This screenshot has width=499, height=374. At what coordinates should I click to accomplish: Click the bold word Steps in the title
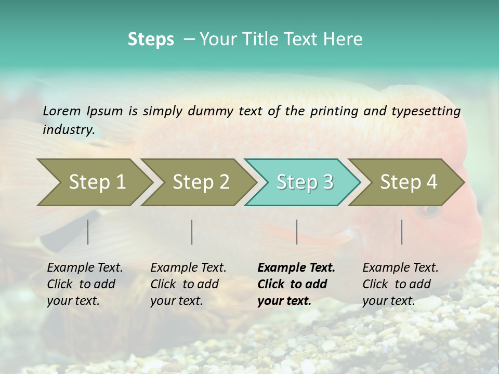(x=151, y=39)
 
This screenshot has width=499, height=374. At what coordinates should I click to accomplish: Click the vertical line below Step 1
(x=88, y=232)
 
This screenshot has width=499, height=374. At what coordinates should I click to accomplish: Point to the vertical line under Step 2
(x=192, y=232)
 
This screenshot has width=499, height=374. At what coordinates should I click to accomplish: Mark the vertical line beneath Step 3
(x=296, y=232)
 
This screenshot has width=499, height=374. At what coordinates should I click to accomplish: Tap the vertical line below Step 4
(x=401, y=232)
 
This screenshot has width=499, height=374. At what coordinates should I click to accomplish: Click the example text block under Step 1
(x=85, y=284)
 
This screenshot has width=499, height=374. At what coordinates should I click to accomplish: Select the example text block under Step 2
(x=188, y=284)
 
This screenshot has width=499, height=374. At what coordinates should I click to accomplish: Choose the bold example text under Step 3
(x=296, y=284)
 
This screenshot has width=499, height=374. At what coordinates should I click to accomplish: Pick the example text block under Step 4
(x=400, y=284)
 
